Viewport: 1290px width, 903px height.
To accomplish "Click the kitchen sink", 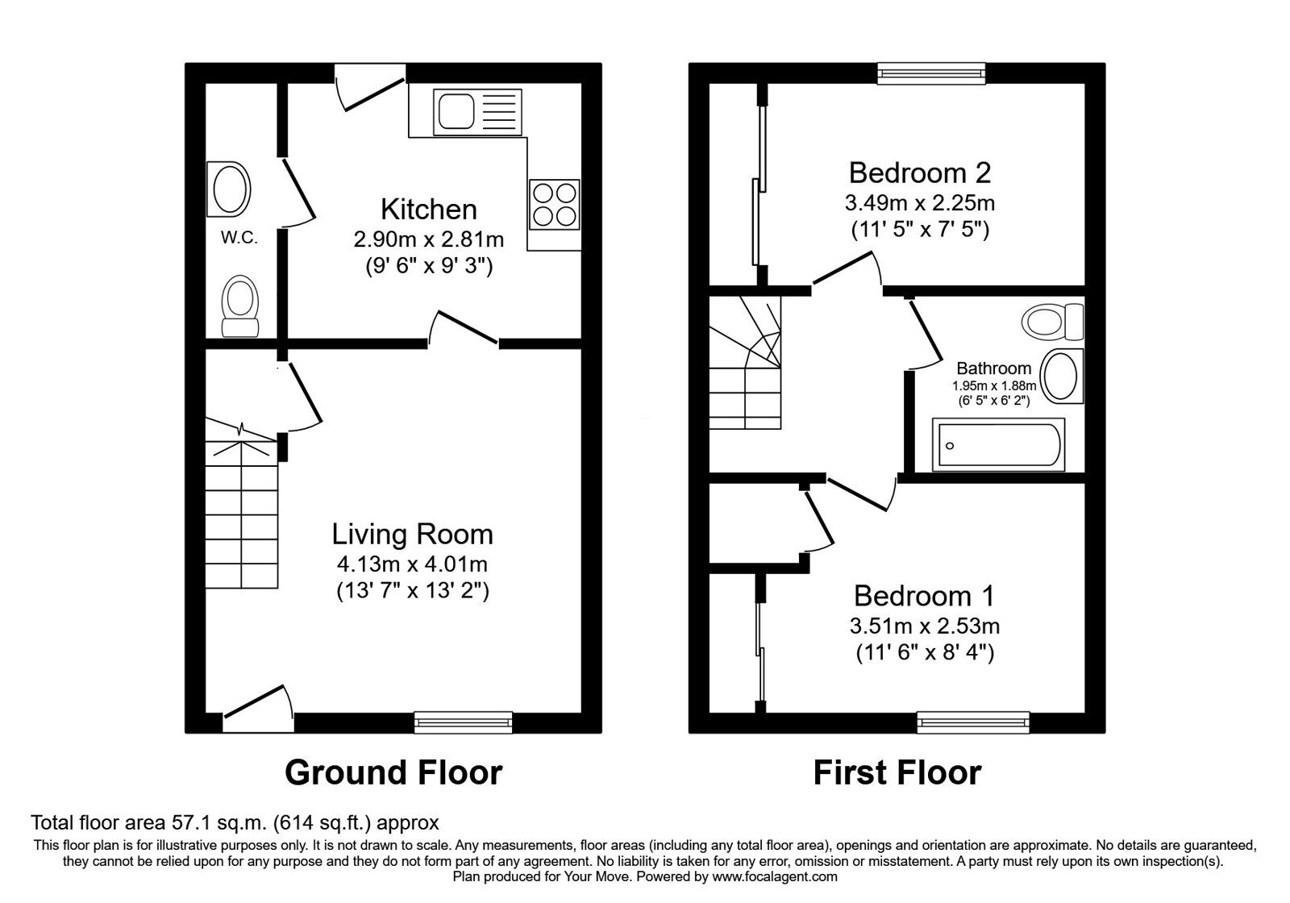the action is (x=477, y=112).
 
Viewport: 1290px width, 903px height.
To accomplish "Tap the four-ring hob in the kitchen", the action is (x=554, y=205).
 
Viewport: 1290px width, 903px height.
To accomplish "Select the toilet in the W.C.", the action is (x=239, y=306).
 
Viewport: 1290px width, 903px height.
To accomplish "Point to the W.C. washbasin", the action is (x=229, y=189).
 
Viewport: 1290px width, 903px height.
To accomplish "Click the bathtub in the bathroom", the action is (x=999, y=444).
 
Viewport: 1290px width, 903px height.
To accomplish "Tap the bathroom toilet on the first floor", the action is (x=1052, y=322).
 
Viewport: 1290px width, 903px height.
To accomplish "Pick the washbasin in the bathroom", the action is (x=1063, y=376).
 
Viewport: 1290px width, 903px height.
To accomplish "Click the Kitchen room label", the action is (x=429, y=209).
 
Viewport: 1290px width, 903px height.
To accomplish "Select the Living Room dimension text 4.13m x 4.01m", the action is (x=412, y=564).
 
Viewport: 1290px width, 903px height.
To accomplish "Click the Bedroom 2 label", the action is (x=920, y=173).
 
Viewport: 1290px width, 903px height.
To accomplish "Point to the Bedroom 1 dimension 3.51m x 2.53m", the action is (x=924, y=626).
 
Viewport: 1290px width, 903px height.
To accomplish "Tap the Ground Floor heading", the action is (x=393, y=772).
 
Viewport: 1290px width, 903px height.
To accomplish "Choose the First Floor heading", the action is (x=897, y=772).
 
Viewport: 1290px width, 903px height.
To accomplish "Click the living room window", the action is (x=463, y=722).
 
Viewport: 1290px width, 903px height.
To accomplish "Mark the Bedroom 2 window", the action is (x=931, y=73).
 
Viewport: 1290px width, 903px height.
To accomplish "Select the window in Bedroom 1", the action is (x=972, y=722).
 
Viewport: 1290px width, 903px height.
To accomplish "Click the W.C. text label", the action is (x=239, y=237).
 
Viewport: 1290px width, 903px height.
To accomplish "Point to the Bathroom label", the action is (x=994, y=368).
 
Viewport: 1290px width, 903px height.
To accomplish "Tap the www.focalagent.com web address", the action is (x=775, y=877).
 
